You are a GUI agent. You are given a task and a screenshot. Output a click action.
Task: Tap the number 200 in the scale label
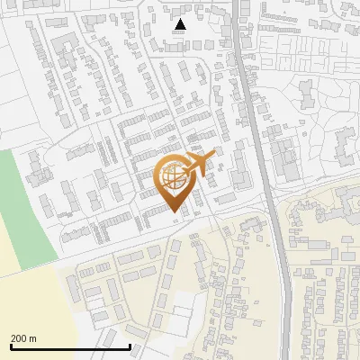click(x=19, y=338)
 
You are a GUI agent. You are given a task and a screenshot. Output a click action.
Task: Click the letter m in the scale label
click(x=32, y=338)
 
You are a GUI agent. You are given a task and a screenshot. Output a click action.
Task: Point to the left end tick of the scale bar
click(x=11, y=346)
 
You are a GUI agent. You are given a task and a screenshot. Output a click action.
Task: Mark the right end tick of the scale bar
click(x=130, y=346)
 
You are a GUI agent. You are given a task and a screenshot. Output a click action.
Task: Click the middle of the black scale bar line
click(x=70, y=347)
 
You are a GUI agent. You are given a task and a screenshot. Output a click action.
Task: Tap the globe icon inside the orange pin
click(x=174, y=177)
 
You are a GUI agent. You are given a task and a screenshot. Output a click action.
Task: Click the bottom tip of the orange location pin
click(x=174, y=211)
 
